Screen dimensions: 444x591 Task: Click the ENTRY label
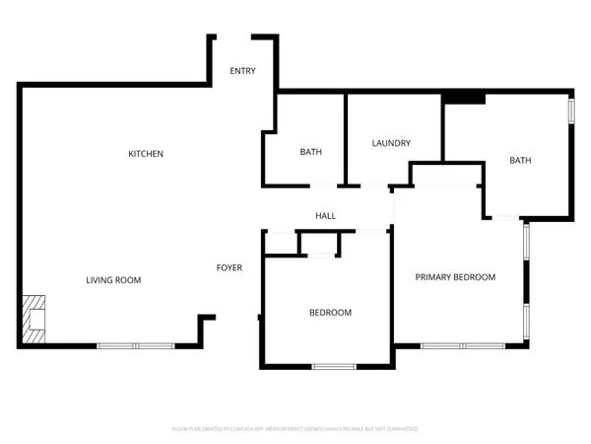click(x=243, y=71)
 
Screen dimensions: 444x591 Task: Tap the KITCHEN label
click(x=146, y=154)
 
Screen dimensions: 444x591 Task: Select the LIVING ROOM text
click(x=113, y=280)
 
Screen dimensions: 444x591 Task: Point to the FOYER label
click(x=230, y=267)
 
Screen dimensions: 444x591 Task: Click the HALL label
click(x=325, y=216)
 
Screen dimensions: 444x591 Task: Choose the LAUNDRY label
click(x=391, y=143)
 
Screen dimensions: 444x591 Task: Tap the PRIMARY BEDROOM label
click(x=454, y=277)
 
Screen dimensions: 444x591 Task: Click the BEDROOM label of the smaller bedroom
click(x=330, y=313)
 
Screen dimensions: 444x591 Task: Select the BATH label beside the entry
click(x=311, y=152)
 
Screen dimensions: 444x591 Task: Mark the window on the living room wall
click(x=136, y=345)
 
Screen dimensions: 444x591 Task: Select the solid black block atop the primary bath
click(x=463, y=97)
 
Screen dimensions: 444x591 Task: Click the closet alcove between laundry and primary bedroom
click(x=445, y=175)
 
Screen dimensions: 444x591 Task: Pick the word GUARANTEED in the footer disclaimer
click(x=402, y=429)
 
